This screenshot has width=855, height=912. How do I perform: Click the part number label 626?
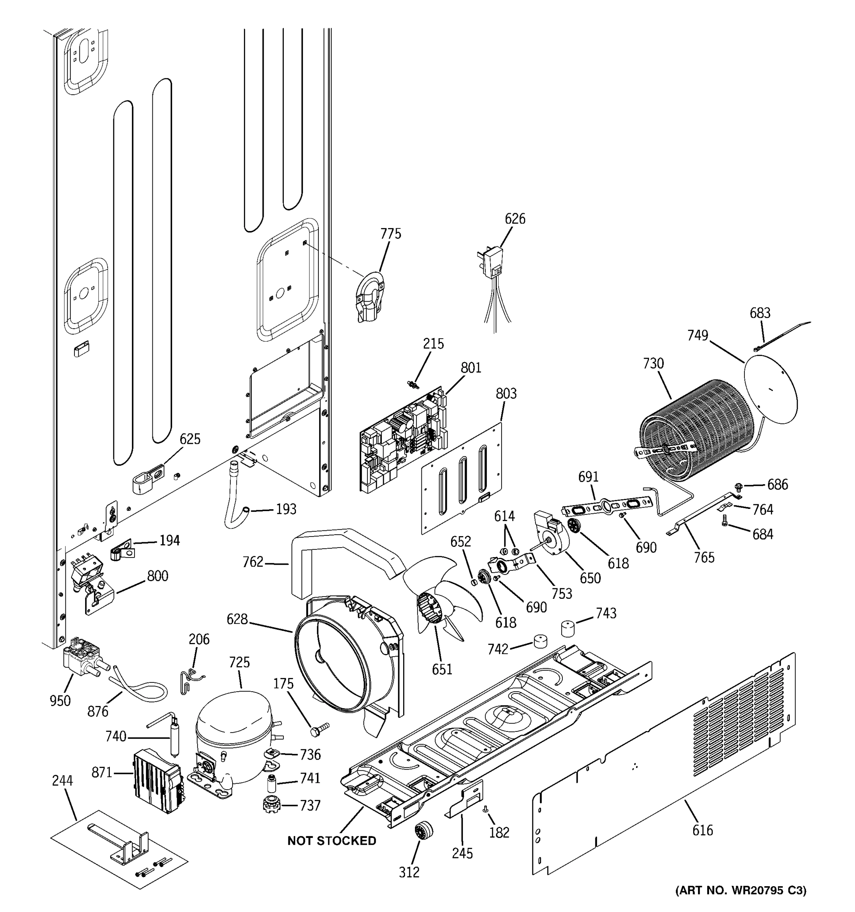coord(515,219)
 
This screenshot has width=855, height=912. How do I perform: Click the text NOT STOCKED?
coord(332,841)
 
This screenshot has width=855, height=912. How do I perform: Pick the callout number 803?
coord(506,394)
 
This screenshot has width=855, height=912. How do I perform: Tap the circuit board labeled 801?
coord(404,440)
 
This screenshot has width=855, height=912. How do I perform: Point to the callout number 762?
coord(253,562)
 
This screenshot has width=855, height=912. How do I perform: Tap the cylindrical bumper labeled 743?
coord(568,628)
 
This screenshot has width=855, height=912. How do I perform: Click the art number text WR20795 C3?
coord(740,890)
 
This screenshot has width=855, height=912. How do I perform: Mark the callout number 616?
coord(702,830)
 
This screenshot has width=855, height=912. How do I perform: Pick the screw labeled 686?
coord(738,485)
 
